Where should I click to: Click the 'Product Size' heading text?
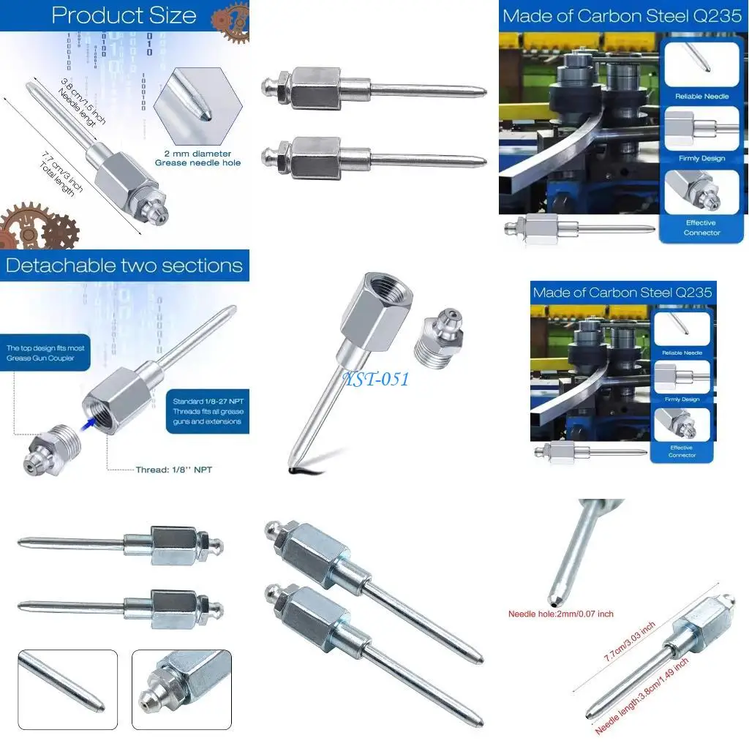pos(124,15)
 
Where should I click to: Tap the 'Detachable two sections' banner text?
pos(124,265)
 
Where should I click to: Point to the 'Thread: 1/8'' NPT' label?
pos(173,470)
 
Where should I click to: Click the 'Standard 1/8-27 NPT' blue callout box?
pos(207,412)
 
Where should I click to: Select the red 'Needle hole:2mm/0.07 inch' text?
pos(561,614)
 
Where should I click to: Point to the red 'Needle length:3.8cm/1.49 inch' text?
pos(641,696)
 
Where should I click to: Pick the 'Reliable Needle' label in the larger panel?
pos(701,97)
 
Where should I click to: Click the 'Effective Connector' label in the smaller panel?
pos(682,451)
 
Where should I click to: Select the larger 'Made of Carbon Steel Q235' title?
pos(622,16)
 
